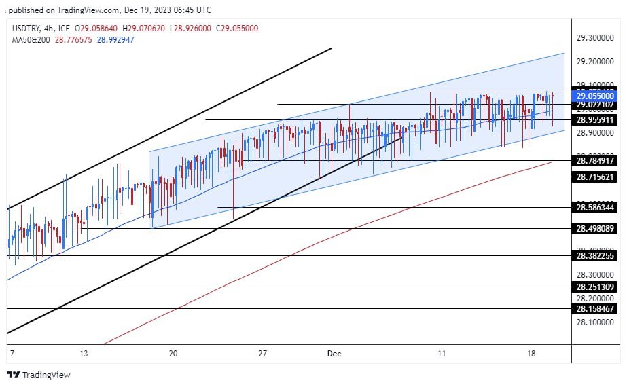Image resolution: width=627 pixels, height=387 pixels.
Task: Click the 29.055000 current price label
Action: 595,97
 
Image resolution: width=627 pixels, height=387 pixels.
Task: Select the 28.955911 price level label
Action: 595,119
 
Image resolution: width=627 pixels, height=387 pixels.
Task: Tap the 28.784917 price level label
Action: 595,161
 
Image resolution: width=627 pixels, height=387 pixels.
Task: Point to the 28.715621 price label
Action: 595,177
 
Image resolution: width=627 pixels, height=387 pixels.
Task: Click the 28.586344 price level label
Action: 595,207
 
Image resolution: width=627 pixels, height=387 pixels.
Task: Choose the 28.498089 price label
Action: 595,228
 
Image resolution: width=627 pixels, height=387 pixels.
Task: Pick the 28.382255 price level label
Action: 595,256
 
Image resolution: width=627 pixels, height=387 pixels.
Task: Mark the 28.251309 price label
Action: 595,287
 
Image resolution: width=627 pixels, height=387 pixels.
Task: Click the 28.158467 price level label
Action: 595,308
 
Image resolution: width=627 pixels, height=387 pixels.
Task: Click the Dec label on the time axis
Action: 334,353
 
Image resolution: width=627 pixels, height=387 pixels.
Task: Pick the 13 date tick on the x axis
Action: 84,353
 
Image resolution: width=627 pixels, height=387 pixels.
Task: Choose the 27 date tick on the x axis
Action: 264,353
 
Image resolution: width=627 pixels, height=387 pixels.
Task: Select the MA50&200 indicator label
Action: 31,39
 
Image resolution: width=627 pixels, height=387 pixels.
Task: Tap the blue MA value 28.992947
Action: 116,39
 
